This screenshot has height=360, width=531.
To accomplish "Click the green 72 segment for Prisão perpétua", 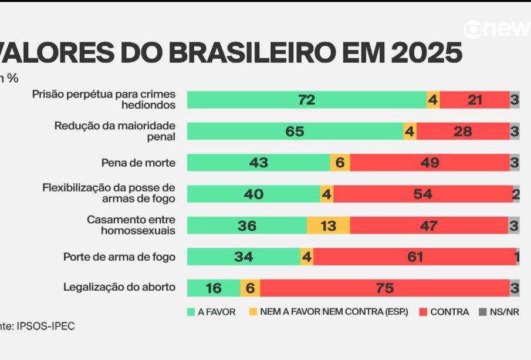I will click(306, 100).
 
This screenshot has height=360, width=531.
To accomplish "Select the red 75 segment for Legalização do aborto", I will click(384, 288).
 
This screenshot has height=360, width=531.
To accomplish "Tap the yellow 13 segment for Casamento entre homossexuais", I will click(328, 226).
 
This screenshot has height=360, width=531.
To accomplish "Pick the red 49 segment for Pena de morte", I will click(429, 163).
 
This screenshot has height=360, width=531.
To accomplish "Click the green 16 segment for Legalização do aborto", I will click(214, 288).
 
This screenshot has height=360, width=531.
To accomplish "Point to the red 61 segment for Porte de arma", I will click(414, 257).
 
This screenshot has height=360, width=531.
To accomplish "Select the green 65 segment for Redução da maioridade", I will click(295, 132).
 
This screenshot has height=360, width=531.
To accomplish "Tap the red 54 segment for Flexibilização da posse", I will click(422, 194).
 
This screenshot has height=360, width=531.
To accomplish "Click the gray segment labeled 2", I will click(516, 194).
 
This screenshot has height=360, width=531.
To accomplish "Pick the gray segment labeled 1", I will click(518, 257).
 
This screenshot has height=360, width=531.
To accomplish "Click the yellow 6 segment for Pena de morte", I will click(340, 163).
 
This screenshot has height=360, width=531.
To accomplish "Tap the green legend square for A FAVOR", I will click(191, 312).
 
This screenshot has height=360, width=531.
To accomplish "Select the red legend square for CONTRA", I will click(424, 312).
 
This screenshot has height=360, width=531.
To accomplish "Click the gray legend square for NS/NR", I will click(483, 312).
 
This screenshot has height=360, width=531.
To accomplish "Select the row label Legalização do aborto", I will click(119, 287).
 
